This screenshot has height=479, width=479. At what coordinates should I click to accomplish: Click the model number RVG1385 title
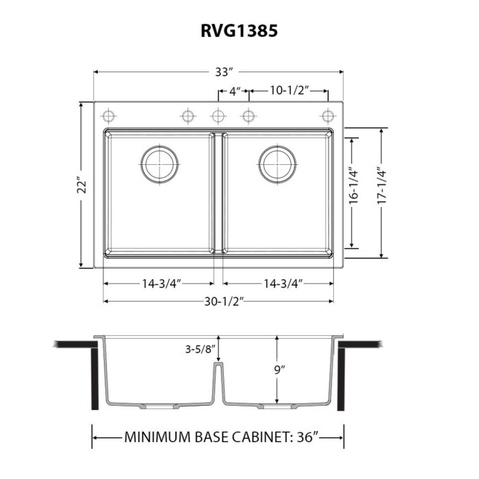[x=239, y=31]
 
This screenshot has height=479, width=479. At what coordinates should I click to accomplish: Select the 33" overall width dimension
[x=217, y=71]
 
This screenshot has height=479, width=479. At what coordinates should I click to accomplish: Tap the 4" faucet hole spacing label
[x=234, y=90]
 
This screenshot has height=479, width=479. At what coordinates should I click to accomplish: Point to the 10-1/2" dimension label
[x=289, y=90]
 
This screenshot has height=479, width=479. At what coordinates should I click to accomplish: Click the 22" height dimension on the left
[x=81, y=186]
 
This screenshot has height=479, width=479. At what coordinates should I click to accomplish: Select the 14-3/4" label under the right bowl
[x=277, y=283]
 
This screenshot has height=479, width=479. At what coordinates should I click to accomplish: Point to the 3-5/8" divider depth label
[x=199, y=349]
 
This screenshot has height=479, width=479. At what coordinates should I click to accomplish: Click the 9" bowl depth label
[x=277, y=370]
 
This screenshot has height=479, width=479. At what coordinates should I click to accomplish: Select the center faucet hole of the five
[x=218, y=114]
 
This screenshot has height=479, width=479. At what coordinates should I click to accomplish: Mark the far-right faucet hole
[x=327, y=114]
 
